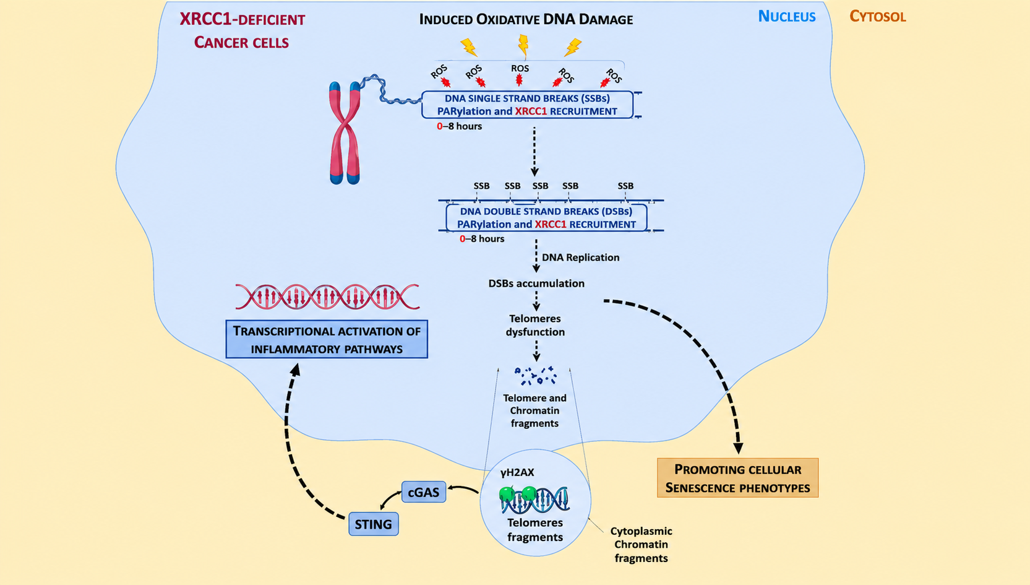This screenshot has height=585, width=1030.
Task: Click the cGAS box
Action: [424, 492]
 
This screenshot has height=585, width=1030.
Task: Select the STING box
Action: [374, 524]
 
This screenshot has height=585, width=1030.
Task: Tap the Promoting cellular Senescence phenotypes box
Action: [737, 478]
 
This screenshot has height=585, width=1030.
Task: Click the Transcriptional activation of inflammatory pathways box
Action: [327, 339]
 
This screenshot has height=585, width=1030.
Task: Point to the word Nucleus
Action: [787, 17]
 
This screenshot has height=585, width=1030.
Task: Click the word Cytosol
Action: [877, 17]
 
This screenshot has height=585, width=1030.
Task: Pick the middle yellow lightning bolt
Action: [523, 46]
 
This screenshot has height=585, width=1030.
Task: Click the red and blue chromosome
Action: [345, 132]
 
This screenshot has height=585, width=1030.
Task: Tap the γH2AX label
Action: [517, 472]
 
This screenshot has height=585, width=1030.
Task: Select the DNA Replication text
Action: [580, 258]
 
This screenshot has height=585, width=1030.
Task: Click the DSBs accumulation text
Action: [536, 283]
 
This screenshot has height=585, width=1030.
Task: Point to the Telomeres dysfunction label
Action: [535, 325]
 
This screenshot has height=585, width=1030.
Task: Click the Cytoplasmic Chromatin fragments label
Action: [641, 545]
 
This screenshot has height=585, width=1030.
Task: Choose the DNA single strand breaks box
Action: [527, 105]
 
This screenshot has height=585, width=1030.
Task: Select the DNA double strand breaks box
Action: [546, 218]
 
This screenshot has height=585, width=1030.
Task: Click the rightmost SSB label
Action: [625, 186]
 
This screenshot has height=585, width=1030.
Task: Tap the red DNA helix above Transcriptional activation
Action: [327, 297]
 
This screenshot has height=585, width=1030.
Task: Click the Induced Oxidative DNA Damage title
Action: [526, 19]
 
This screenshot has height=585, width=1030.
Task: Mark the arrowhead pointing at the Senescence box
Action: [738, 448]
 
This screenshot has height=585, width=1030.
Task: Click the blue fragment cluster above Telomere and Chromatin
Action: [536, 376]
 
